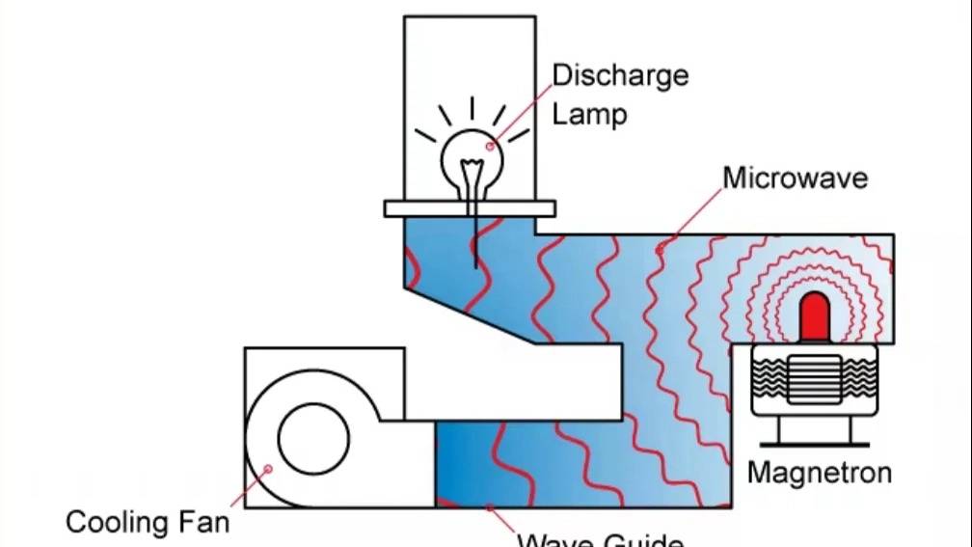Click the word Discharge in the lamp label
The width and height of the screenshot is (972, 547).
620,76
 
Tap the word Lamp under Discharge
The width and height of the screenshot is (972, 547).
589,115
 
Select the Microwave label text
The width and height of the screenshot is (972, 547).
795,178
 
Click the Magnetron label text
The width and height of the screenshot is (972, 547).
819,474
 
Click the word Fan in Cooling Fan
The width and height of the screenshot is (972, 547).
205,523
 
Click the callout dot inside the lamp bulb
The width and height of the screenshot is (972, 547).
490,147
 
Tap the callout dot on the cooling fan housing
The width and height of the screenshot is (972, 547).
268,469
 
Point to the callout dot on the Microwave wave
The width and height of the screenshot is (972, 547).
660,250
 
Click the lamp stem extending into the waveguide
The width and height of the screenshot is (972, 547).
474,242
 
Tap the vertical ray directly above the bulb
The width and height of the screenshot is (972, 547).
472,108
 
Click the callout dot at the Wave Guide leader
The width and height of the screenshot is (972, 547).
490,506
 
